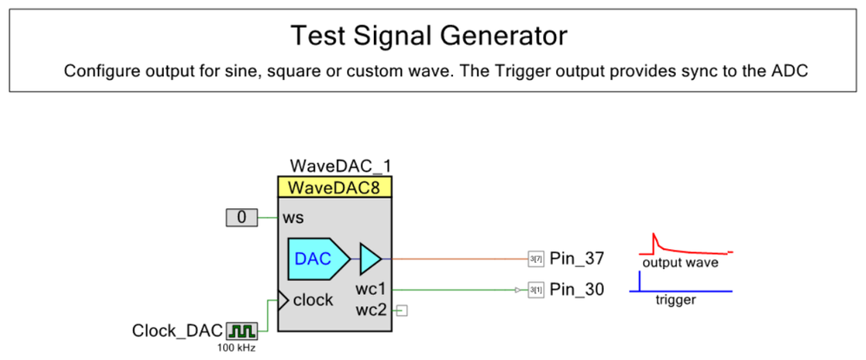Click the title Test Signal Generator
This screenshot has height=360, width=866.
coord(429,36)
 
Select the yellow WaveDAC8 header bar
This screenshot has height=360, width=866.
coord(335,187)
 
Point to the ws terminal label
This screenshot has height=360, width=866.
coord(293,218)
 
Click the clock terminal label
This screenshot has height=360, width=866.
coord(313,300)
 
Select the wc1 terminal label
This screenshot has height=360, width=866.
coord(371,289)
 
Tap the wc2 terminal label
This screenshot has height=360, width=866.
coord(371,309)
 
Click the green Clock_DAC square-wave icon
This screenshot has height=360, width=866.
coord(241,331)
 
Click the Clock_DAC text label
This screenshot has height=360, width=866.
coord(177,331)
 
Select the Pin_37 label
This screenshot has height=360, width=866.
coord(576,259)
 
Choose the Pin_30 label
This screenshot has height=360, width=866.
coord(576,289)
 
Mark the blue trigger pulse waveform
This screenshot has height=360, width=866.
coord(640,283)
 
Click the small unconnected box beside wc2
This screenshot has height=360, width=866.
coord(402,310)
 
